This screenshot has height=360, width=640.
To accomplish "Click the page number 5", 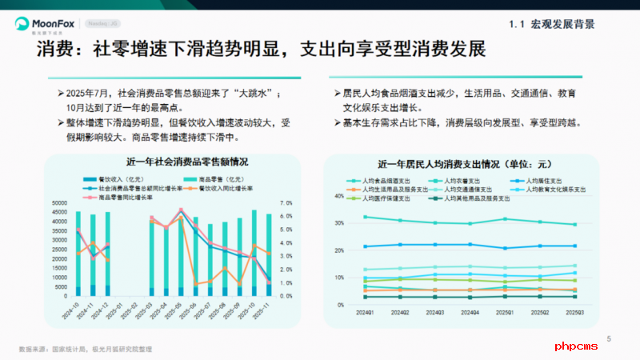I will (609, 339).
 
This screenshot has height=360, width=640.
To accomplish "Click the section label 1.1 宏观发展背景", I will (552, 25).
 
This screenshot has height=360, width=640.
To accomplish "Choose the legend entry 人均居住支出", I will (542, 181).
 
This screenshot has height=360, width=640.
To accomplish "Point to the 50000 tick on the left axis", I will (59, 203).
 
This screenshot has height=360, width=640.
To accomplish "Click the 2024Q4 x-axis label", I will (470, 313).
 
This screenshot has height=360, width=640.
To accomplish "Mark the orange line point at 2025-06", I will (196, 283).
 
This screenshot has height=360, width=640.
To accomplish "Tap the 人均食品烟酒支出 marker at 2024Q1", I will (366, 217).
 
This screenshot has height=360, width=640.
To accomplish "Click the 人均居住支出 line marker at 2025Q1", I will (505, 248).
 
